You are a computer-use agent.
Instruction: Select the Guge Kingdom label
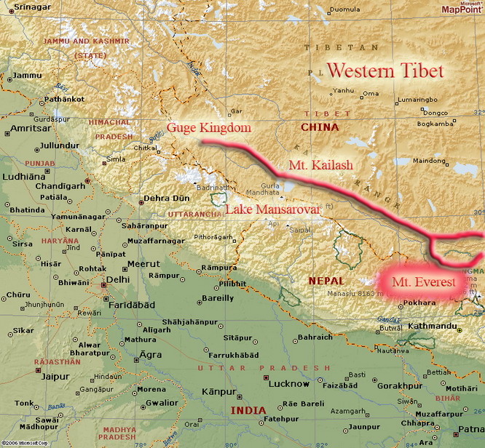point(209,128)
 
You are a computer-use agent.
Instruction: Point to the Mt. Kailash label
point(320,165)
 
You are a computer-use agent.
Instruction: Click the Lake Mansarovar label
point(273,209)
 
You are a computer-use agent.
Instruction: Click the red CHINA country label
point(320,127)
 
